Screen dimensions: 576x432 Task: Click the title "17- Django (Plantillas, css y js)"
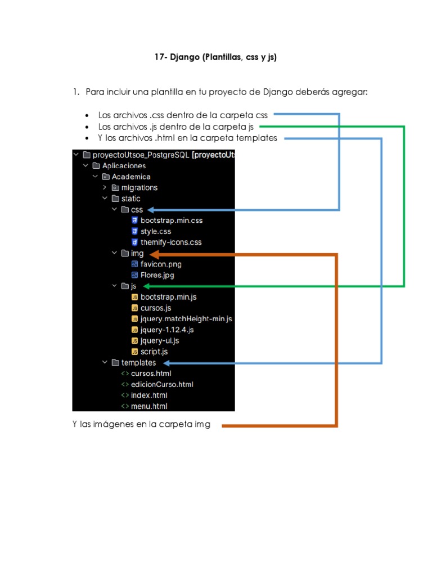(215, 57)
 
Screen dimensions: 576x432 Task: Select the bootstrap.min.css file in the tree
(171, 220)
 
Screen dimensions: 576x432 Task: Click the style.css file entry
(156, 231)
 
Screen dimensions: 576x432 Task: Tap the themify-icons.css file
(170, 242)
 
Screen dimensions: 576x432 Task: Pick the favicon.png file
(160, 264)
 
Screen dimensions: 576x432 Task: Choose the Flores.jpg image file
(157, 275)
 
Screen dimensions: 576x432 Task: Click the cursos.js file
(156, 308)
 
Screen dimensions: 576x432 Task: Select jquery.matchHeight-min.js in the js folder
(186, 319)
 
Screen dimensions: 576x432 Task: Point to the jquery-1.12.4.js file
(167, 330)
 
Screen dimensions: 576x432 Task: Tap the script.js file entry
(154, 352)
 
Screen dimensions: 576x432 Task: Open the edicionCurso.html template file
(161, 384)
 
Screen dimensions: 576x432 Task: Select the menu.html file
(148, 406)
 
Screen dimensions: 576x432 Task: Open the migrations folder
(139, 188)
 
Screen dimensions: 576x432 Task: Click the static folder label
(130, 199)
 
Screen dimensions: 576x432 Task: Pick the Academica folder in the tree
(130, 177)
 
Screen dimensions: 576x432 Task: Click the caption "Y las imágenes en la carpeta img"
(141, 425)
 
